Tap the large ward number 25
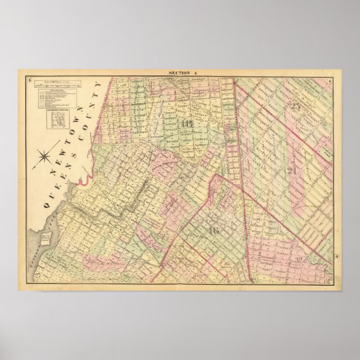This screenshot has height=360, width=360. (296, 107)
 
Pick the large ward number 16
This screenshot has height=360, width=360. (212, 230)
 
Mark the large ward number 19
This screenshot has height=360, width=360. (301, 258)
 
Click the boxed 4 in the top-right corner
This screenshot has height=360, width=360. (331, 83)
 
